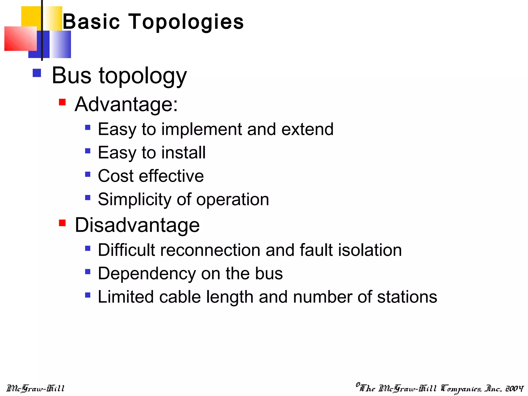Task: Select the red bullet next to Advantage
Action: [x=62, y=102]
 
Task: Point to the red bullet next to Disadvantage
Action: [x=62, y=222]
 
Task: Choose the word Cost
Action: [x=116, y=176]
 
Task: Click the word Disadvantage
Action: [x=137, y=225]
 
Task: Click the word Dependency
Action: [x=147, y=274]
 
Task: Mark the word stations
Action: [x=407, y=297]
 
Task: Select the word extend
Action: [x=307, y=129]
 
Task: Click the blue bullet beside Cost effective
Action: [x=88, y=174]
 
